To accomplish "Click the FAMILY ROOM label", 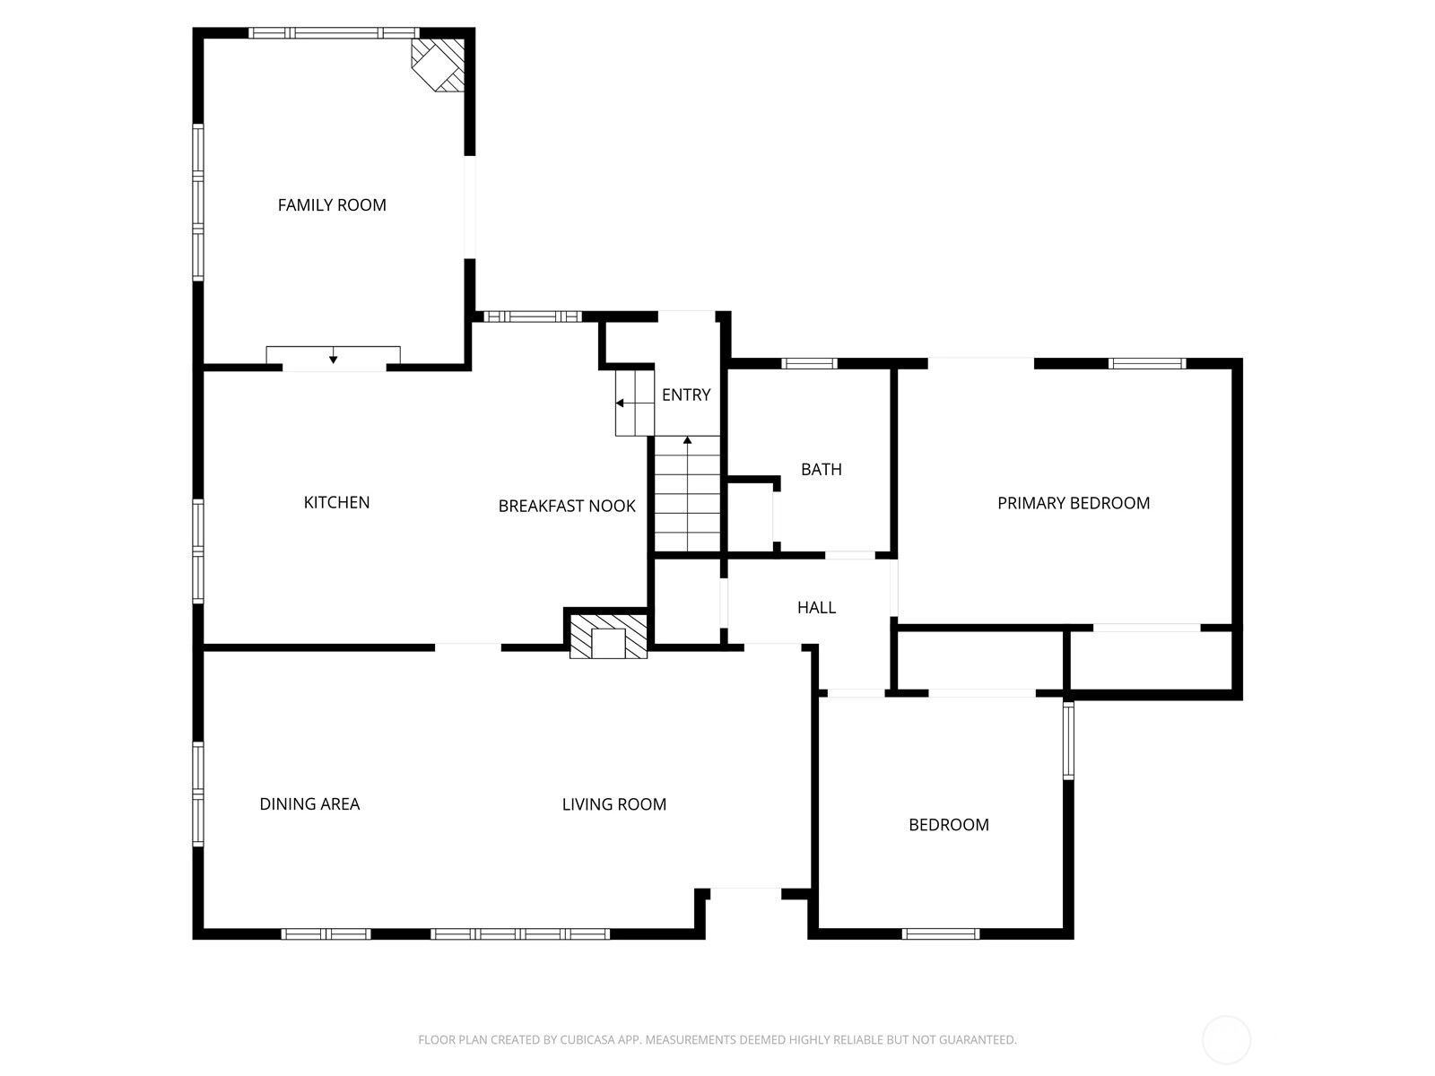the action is click(x=332, y=205).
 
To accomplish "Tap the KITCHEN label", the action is click(x=336, y=502).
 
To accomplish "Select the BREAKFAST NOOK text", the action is click(x=567, y=507).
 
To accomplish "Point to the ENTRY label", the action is click(x=686, y=395).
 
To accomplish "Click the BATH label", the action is click(x=822, y=469).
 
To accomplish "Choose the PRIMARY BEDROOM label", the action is click(x=1074, y=503).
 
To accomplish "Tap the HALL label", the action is click(x=816, y=608).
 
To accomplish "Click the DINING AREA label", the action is click(x=310, y=803).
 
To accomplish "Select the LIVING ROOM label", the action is click(x=613, y=804).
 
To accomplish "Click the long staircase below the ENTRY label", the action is click(x=687, y=494).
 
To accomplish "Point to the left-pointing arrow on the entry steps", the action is click(x=625, y=403).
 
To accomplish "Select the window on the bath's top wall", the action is click(x=809, y=364).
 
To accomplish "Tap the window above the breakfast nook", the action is click(x=532, y=317).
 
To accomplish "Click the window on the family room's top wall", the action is click(x=334, y=33).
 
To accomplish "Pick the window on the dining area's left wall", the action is click(x=198, y=794).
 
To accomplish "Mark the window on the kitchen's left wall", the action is click(x=198, y=551).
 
